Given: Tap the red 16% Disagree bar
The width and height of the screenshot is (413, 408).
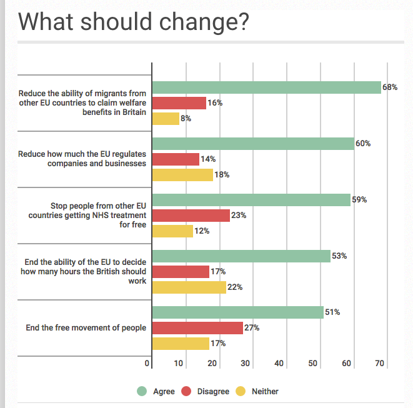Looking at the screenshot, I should (179, 103).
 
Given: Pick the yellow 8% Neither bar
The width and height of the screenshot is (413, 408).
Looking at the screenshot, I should (166, 119).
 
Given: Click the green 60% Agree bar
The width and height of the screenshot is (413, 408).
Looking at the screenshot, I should (253, 144).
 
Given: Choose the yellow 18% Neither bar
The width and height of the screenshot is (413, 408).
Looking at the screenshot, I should (182, 175).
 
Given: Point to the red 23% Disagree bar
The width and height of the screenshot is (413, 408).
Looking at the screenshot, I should (191, 216).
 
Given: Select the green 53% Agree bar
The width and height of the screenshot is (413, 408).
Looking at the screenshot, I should (241, 256).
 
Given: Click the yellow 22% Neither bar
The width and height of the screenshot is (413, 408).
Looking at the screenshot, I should (189, 287).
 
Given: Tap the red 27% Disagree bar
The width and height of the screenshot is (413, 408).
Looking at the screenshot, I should (197, 328).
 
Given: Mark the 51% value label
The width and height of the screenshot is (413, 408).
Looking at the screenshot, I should (332, 312).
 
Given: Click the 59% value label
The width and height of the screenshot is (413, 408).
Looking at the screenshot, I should (359, 200).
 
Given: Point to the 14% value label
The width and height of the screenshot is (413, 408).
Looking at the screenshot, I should (208, 159).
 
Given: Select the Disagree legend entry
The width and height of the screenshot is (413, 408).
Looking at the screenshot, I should (208, 392).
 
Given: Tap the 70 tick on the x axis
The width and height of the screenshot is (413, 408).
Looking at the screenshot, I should (379, 364).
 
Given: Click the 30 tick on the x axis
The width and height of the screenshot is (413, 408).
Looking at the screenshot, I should (246, 364).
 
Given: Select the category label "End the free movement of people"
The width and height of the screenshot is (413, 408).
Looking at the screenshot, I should (86, 327).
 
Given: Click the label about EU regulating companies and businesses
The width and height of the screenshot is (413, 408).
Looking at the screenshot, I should (82, 159).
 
